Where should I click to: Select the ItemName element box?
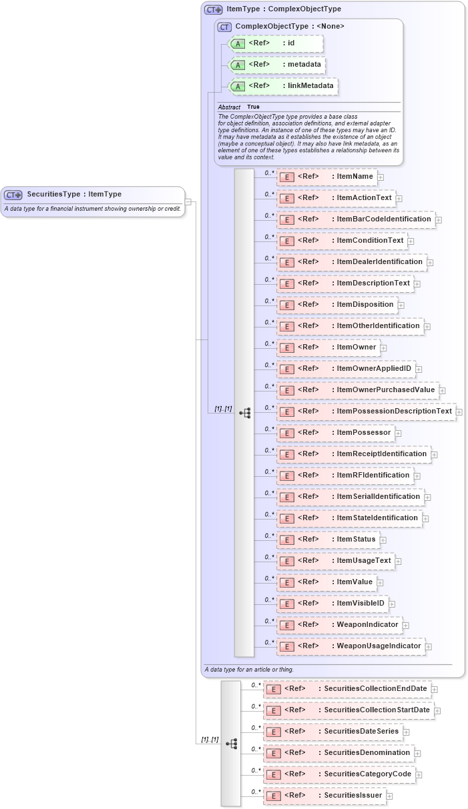pos(326,177)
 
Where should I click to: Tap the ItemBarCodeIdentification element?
pos(356,219)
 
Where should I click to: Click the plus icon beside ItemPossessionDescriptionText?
pos(459,412)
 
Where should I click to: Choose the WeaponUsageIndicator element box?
pos(350,646)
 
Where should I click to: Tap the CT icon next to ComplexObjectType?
pos(224,27)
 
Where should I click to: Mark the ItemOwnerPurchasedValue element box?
pos(358,390)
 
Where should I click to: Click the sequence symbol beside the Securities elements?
pos(231,743)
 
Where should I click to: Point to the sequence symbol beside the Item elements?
pos(244,413)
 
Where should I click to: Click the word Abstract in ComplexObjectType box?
pos(229,107)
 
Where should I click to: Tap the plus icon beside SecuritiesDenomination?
pos(418,753)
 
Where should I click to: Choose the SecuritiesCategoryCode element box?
pos(340,774)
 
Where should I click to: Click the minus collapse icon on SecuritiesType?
pos(188,201)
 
